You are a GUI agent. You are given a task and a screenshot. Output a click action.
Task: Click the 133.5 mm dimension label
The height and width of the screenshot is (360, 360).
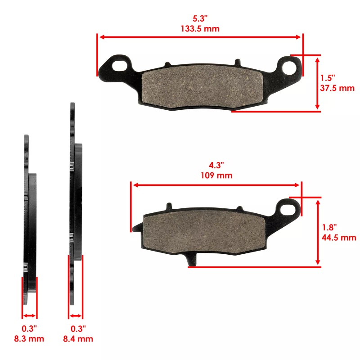tap(200, 28)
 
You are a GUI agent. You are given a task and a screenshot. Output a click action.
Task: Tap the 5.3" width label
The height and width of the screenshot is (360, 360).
tap(200, 18)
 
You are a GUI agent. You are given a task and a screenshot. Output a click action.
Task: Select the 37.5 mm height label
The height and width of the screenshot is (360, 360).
tap(337, 88)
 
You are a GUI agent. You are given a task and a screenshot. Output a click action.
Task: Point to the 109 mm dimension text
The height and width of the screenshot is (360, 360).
tap(216, 175)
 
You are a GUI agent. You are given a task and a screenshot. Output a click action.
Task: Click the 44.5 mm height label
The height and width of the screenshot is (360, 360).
tap(338, 238)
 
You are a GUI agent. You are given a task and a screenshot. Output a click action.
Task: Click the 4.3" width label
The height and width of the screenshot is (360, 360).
tap(216, 166)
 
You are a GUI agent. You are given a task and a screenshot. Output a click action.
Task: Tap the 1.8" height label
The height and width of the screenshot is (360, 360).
tap(329, 228)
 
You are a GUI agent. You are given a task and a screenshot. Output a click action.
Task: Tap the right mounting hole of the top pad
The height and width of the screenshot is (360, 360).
tap(290, 67)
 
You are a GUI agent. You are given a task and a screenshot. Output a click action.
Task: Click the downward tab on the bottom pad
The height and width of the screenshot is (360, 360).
tap(192, 260)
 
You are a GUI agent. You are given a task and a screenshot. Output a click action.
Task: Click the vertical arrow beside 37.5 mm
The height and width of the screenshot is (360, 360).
tap(318, 83)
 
